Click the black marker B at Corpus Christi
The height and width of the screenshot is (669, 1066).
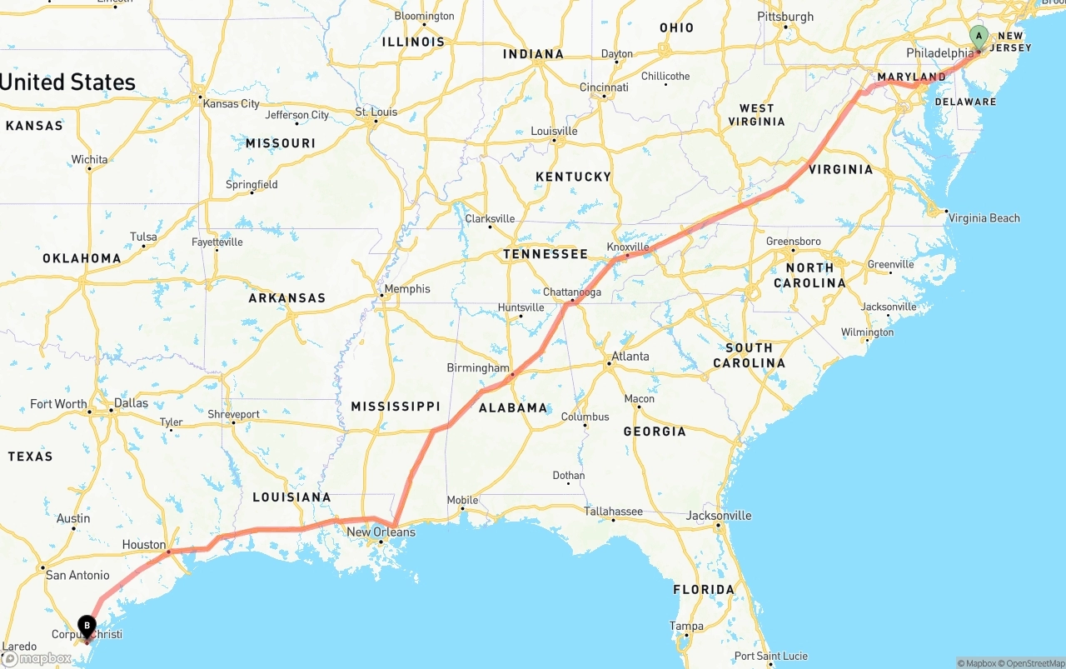tap(87, 626)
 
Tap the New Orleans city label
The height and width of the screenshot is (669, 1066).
tap(381, 532)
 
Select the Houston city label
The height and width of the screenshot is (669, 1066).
tap(144, 545)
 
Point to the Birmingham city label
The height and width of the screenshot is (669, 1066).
tap(478, 367)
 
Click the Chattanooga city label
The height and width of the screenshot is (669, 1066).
tap(571, 292)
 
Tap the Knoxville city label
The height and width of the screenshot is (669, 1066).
tap(627, 247)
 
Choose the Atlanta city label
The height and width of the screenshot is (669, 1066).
tap(630, 357)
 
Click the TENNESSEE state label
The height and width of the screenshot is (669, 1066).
tap(545, 254)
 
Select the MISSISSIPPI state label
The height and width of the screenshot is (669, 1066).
tap(395, 407)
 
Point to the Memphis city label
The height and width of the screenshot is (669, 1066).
tap(407, 289)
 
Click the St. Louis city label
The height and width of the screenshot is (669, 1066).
tap(376, 112)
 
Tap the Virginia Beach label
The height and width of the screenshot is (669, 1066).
tap(984, 218)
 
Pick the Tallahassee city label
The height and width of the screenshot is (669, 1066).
tap(613, 512)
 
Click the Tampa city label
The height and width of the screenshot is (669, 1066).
tap(686, 626)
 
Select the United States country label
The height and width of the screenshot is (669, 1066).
tap(68, 82)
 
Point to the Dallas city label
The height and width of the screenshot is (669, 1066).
tap(131, 403)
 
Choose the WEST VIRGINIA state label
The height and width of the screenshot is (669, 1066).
tap(756, 115)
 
